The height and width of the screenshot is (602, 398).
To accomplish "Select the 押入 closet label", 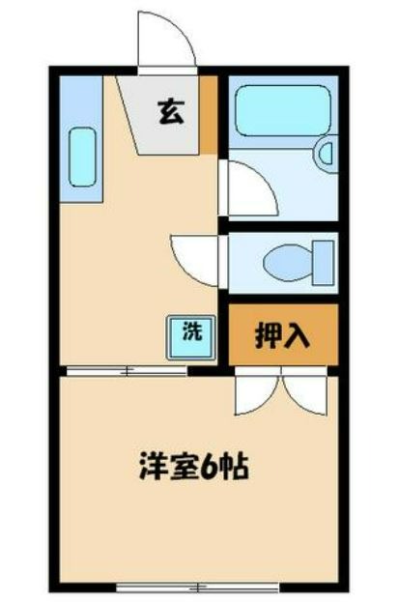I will tap(282, 334).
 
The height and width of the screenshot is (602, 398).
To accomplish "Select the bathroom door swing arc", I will tap(250, 189).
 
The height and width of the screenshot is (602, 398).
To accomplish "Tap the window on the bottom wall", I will tap(197, 587).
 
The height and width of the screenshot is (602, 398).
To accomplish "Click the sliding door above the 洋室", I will tap(126, 370).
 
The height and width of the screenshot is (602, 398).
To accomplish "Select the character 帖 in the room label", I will tap(236, 467).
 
